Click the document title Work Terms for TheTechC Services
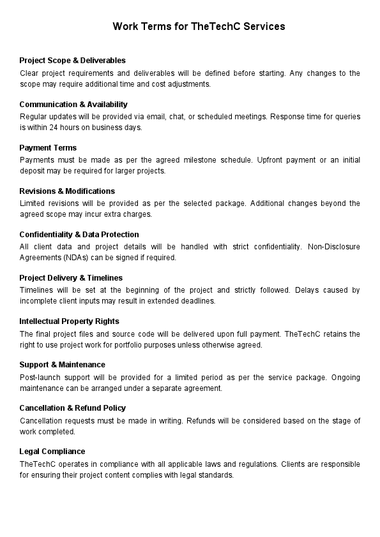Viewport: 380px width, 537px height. pos(199,27)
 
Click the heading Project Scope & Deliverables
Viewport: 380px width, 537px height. pos(72,61)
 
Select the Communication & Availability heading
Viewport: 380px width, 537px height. pos(73,104)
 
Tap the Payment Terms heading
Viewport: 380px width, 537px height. pos(48,147)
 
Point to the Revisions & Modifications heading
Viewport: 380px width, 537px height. pos(67,191)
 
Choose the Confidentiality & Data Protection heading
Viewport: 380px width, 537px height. pos(79,234)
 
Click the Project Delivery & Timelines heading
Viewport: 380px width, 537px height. pos(71,277)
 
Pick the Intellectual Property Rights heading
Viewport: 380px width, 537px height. pos(69,321)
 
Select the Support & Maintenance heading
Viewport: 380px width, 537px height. pos(63,364)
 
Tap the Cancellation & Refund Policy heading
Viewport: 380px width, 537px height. pos(73,408)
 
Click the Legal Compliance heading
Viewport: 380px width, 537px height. pos(52,451)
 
